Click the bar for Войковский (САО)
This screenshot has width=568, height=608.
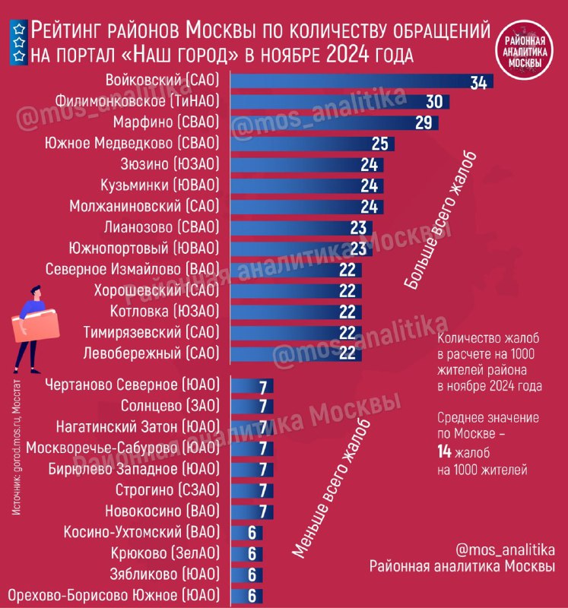pyautogui.click(x=362, y=81)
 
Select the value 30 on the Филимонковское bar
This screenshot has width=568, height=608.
pyautogui.click(x=434, y=102)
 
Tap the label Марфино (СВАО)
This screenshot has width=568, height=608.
pyautogui.click(x=166, y=122)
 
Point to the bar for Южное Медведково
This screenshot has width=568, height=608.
pyautogui.click(x=313, y=144)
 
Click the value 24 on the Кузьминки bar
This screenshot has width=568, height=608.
pyautogui.click(x=369, y=185)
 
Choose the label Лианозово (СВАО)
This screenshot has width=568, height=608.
pyautogui.click(x=161, y=227)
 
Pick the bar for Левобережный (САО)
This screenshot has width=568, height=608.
pyautogui.click(x=296, y=353)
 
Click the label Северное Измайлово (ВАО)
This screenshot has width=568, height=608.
pyautogui.click(x=132, y=269)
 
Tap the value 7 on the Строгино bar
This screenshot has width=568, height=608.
pyautogui.click(x=263, y=490)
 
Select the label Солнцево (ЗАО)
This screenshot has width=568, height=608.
pyautogui.click(x=170, y=406)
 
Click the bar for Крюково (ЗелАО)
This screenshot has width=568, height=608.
pyautogui.click(x=246, y=554)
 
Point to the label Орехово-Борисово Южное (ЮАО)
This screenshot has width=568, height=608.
pyautogui.click(x=114, y=595)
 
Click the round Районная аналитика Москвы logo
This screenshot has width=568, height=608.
pyautogui.click(x=525, y=50)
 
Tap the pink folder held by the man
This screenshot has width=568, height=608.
pyautogui.click(x=36, y=326)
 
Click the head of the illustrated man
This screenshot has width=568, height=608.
pyautogui.click(x=36, y=292)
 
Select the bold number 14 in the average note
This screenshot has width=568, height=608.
pyautogui.click(x=444, y=451)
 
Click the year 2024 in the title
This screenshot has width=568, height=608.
pyautogui.click(x=347, y=55)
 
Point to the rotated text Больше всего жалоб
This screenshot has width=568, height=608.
pyautogui.click(x=440, y=221)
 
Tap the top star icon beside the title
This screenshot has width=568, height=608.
pyautogui.click(x=19, y=29)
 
